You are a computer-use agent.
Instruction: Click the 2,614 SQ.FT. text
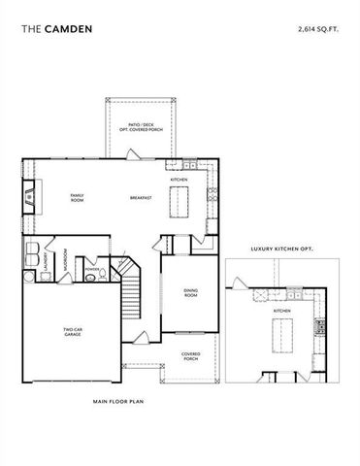[x=319, y=30]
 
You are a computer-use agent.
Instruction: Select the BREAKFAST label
[x=142, y=198]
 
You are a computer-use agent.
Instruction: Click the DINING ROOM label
[x=190, y=293]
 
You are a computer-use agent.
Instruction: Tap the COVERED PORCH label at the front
[x=190, y=355]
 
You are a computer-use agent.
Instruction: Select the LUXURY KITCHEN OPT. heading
[x=281, y=249]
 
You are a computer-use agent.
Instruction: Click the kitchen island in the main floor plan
[x=180, y=202]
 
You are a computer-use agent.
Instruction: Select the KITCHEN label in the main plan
[x=180, y=181]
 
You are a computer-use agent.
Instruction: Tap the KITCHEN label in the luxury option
[x=282, y=311]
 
